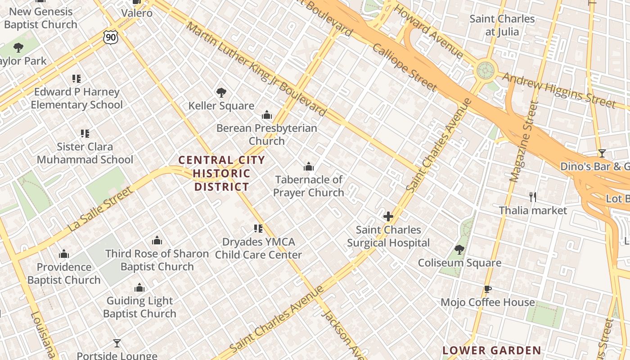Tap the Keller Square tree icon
[221, 93]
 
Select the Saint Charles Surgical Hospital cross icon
[388, 216]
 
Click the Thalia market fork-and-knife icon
[533, 197]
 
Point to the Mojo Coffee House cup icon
[487, 289]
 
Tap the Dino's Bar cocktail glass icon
[602, 153]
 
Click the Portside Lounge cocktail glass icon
[117, 343]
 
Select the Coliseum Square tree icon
[459, 249]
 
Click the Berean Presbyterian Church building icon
[267, 115]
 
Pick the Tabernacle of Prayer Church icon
[309, 166]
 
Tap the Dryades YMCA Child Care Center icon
[258, 229]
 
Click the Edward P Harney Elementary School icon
[76, 79]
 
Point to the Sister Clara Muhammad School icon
[85, 133]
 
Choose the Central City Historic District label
[221, 173]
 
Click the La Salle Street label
[101, 210]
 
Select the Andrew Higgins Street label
[558, 90]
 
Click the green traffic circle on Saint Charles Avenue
[485, 70]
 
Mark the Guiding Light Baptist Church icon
[139, 288]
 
